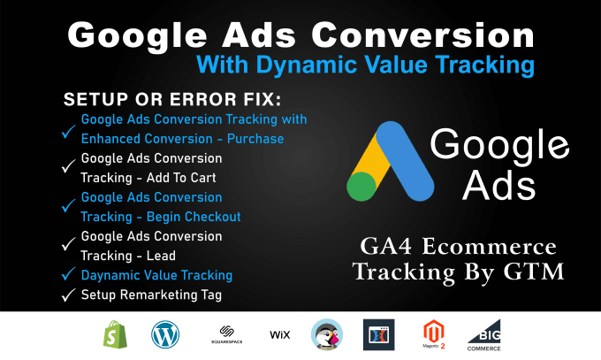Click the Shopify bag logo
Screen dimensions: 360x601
116,335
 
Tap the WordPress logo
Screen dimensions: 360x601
164,335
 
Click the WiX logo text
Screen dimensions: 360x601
280,335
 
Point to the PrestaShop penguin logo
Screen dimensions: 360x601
327,335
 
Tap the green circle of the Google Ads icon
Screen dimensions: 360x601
361,188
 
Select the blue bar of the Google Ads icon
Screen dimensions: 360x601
408,159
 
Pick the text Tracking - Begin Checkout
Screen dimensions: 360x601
160,216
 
